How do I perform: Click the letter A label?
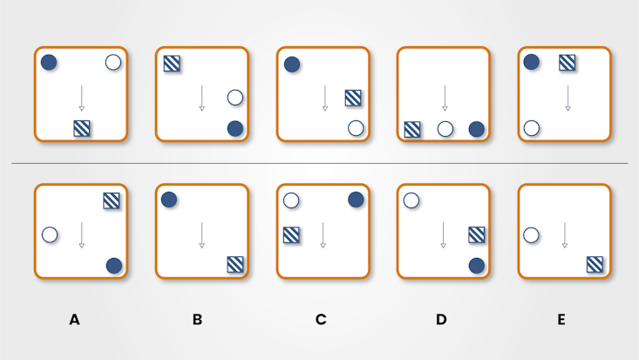click(74, 320)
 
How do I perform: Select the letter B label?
click(197, 320)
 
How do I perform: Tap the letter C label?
click(321, 320)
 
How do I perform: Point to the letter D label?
click(441, 320)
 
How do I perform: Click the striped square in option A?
click(112, 200)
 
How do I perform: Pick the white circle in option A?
click(50, 234)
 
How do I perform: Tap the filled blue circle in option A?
click(113, 266)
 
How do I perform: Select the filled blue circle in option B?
click(169, 200)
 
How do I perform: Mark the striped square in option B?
click(235, 264)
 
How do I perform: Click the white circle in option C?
click(291, 200)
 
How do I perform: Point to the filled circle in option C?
click(356, 200)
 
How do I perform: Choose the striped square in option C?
click(291, 234)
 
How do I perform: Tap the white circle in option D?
click(411, 200)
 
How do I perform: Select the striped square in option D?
click(476, 234)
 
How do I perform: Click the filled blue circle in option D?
click(476, 264)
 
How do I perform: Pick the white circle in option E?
click(530, 234)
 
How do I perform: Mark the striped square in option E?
click(595, 264)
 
